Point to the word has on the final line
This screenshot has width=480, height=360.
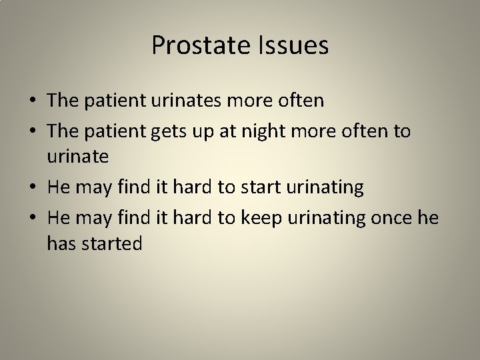61,244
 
